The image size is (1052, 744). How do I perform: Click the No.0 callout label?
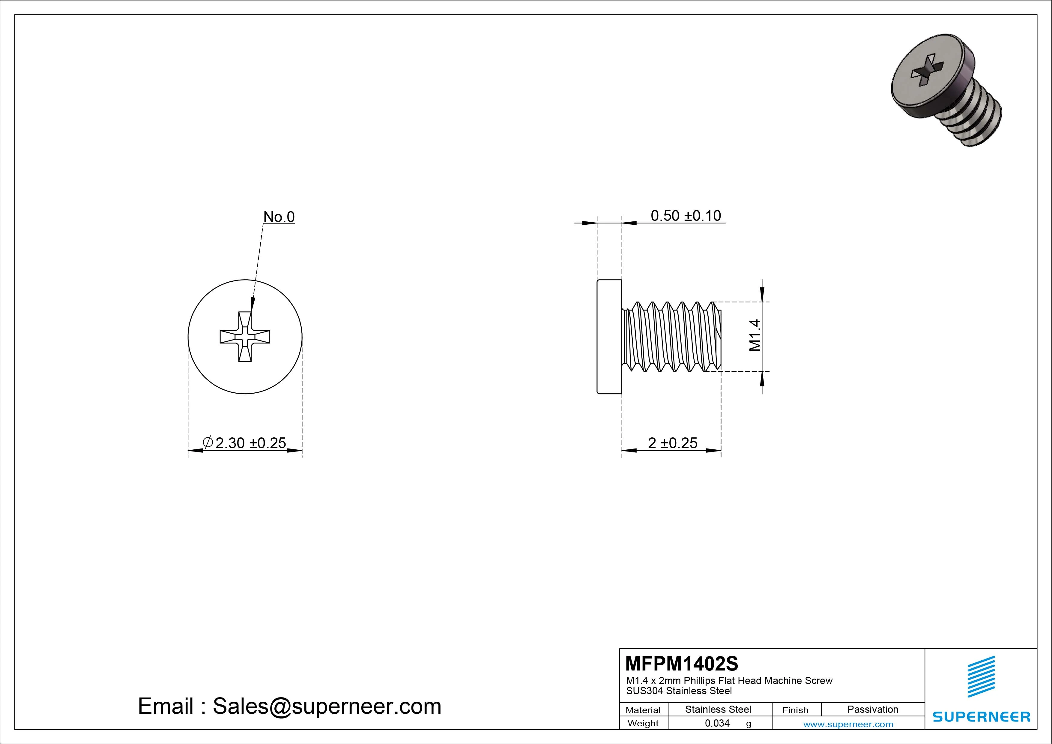(x=279, y=217)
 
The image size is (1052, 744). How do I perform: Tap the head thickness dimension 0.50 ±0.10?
(x=686, y=215)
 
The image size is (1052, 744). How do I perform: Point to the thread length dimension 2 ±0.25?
(x=672, y=443)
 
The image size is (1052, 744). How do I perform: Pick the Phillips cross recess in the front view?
(x=245, y=337)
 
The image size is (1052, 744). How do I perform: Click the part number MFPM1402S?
(x=681, y=663)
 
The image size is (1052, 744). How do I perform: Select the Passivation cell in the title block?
(x=872, y=709)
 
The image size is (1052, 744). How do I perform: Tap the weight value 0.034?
(x=717, y=723)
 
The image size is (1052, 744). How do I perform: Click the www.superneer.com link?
(x=848, y=724)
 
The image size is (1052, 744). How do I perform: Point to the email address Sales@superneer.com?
(x=326, y=706)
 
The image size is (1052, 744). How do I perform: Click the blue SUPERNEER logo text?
(x=981, y=716)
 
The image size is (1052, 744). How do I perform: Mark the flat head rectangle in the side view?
(x=609, y=337)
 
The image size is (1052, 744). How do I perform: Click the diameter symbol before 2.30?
(x=208, y=442)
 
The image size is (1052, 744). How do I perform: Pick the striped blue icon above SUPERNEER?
(x=981, y=676)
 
